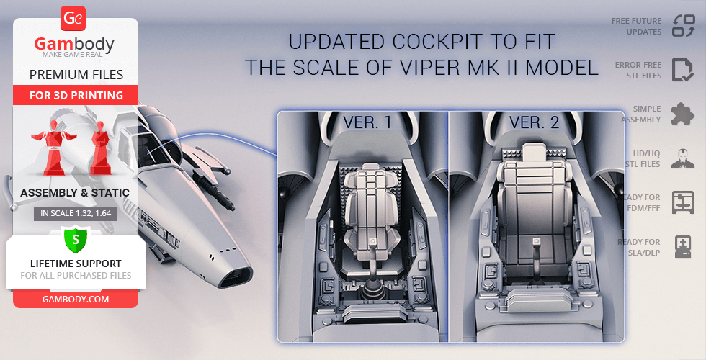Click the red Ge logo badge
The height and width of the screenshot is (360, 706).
[73, 18]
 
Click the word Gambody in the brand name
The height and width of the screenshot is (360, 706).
[74, 44]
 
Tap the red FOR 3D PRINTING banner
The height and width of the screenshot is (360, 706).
[76, 95]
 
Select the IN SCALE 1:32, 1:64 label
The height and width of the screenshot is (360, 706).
[76, 213]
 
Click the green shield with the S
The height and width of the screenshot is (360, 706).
[76, 240]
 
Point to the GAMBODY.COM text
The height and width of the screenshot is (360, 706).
[76, 300]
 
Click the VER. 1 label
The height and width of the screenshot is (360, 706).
[367, 122]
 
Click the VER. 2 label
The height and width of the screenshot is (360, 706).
[534, 122]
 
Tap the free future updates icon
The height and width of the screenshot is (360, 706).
[684, 26]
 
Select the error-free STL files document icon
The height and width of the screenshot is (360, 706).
[683, 70]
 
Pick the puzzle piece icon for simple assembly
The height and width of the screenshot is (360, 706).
[683, 114]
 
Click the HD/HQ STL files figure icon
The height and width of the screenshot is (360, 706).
[683, 158]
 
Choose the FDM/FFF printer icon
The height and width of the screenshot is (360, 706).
[683, 202]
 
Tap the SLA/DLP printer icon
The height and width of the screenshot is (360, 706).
[683, 247]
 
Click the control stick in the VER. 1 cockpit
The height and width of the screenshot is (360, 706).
[372, 266]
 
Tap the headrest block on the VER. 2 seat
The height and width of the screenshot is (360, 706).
[534, 152]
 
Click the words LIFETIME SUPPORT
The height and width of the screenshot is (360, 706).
[76, 264]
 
